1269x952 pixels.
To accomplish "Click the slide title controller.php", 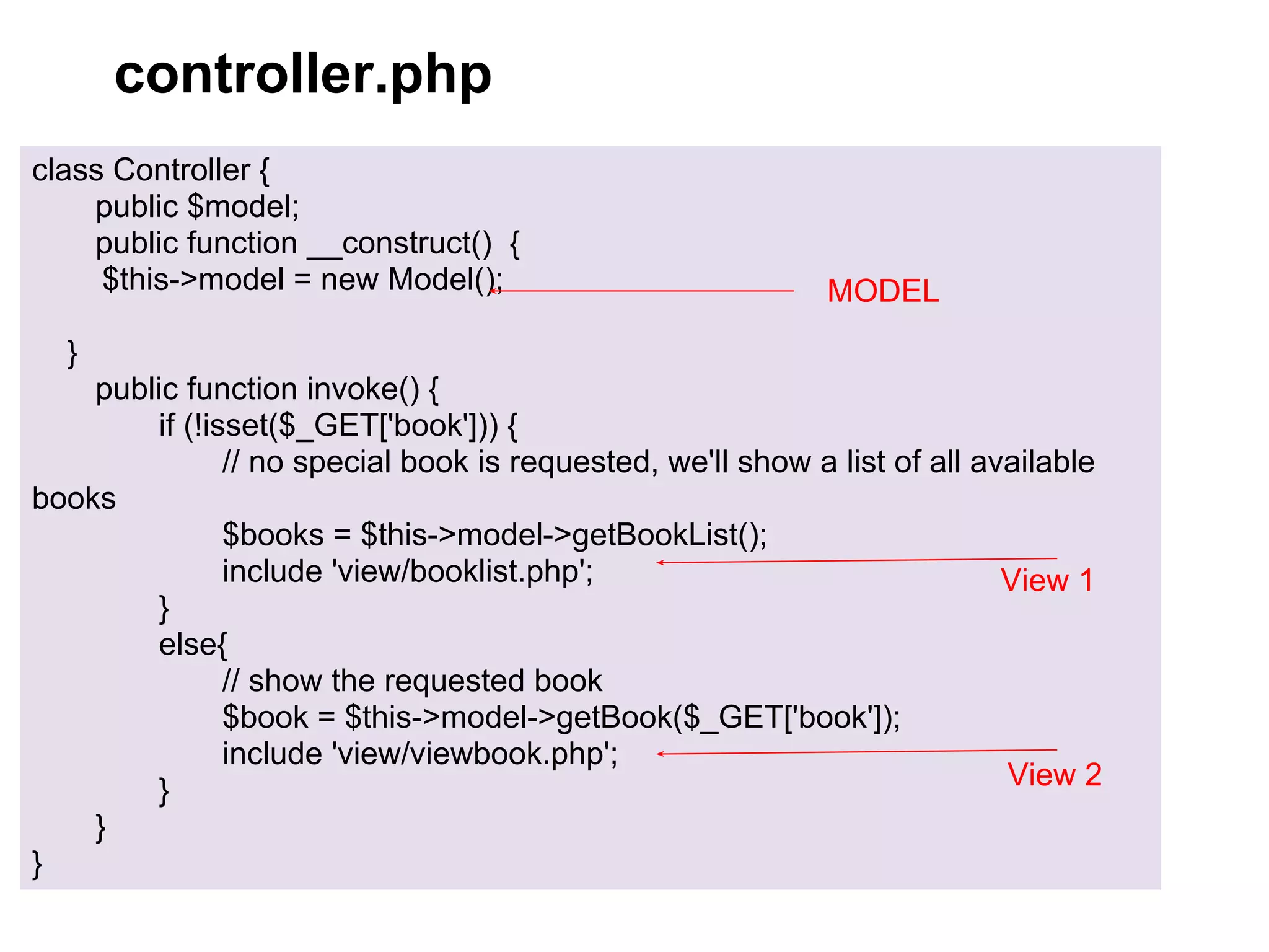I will click(x=303, y=74).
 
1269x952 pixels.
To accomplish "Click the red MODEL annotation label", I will click(x=883, y=291).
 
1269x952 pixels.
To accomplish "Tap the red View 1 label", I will click(x=1047, y=581).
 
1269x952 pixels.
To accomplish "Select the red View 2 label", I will click(x=1055, y=775).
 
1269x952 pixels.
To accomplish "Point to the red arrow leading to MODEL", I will click(x=644, y=291).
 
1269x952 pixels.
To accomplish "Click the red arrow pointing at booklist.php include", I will click(x=855, y=560).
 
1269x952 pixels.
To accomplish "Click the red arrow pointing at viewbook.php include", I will click(x=855, y=752).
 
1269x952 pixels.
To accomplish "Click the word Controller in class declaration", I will click(x=182, y=170).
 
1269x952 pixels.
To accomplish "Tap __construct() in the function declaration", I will click(x=400, y=244).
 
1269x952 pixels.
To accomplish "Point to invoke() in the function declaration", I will click(x=363, y=389).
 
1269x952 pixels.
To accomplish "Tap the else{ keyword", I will click(x=193, y=645).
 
